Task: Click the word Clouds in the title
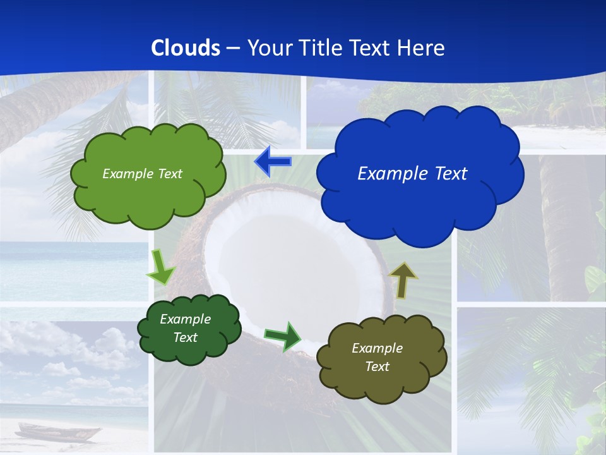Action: click(x=186, y=47)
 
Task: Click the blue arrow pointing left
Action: click(x=272, y=162)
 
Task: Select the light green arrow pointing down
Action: click(x=160, y=267)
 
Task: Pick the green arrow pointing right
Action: click(x=283, y=336)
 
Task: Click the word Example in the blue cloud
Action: click(x=386, y=174)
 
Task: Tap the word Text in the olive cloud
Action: click(x=377, y=367)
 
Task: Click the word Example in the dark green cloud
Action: click(x=185, y=319)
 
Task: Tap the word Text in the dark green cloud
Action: click(x=185, y=337)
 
